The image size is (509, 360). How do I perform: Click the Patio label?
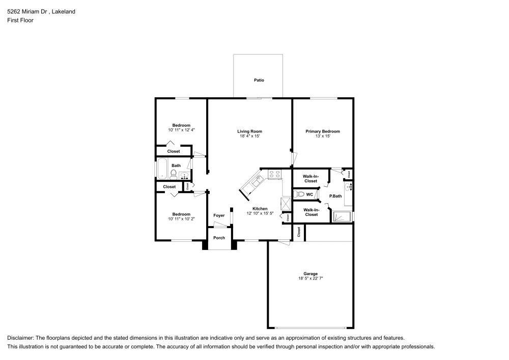click(x=259, y=80)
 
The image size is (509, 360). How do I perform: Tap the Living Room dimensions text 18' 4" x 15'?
click(x=250, y=136)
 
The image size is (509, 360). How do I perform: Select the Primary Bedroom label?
click(x=322, y=131)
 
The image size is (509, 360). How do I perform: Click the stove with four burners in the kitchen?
click(x=275, y=175)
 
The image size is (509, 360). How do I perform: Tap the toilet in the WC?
click(x=300, y=194)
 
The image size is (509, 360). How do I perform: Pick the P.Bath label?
click(x=335, y=196)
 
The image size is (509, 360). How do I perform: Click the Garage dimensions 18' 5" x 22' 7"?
click(x=311, y=279)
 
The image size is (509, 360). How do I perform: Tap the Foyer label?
click(x=219, y=215)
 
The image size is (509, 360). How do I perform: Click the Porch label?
click(x=219, y=238)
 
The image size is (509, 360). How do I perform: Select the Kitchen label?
click(x=260, y=209)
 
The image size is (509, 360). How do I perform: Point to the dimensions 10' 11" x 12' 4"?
click(x=181, y=130)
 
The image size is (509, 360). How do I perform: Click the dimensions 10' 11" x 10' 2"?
click(x=181, y=218)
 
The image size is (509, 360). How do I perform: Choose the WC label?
click(x=309, y=194)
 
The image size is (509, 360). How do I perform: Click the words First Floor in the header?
click(x=20, y=20)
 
